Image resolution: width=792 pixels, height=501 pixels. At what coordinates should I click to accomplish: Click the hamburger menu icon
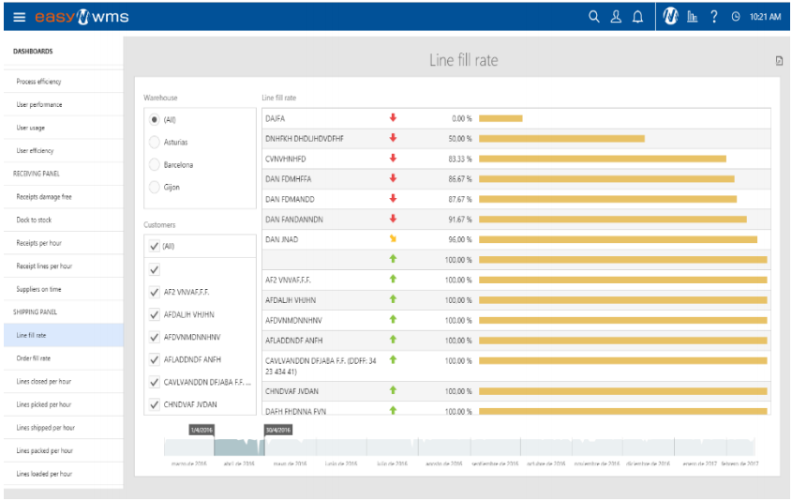click(19, 17)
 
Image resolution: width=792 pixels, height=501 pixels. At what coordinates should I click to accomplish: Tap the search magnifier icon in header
click(593, 17)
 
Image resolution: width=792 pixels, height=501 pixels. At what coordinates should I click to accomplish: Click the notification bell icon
click(638, 17)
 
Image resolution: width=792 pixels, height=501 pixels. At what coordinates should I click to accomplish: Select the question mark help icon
click(714, 17)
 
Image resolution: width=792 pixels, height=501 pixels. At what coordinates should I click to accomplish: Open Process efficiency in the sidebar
click(38, 82)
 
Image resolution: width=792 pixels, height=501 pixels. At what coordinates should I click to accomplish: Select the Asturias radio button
click(155, 142)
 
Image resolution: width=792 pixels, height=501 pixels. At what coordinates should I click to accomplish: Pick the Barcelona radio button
click(155, 164)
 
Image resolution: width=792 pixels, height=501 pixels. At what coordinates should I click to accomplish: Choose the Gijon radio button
click(155, 187)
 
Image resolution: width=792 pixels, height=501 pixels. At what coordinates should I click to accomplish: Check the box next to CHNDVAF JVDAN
click(155, 404)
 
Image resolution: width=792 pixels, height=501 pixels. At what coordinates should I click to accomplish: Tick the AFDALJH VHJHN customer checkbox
click(155, 314)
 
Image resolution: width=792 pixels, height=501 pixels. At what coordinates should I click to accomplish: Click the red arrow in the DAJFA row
click(393, 118)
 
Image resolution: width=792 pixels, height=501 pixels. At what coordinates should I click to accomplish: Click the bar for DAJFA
click(501, 118)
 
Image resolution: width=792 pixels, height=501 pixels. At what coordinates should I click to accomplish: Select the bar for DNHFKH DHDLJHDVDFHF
click(561, 138)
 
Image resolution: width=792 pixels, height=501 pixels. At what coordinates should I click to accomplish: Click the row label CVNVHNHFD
click(286, 159)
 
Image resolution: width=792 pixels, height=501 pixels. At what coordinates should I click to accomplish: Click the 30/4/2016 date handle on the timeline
click(278, 430)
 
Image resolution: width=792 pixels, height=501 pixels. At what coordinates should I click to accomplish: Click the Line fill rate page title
click(463, 61)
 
